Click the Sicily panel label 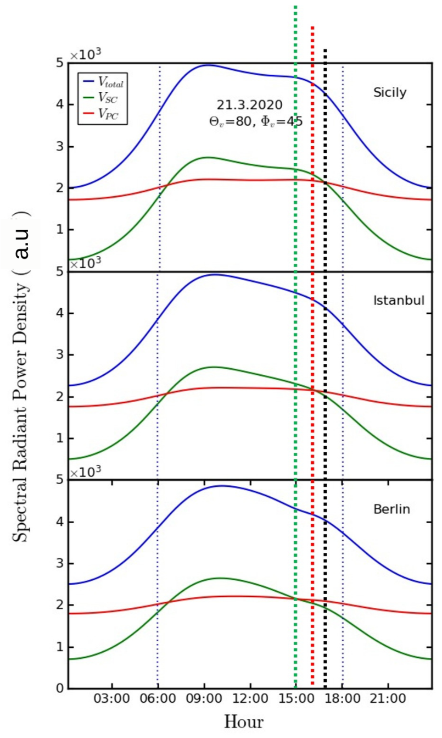coord(390,93)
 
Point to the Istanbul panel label coord(399,301)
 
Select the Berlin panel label coord(391,509)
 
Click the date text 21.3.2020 coord(249,105)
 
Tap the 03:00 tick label coord(111,698)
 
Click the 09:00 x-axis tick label coord(204,698)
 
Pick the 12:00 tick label coord(250,698)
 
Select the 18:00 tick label coord(342,698)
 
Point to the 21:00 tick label coord(388,698)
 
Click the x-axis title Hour coord(244,722)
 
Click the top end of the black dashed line coord(325,49)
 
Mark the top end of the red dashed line coord(312,27)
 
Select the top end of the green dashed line coord(295,7)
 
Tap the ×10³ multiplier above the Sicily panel coord(86,55)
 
